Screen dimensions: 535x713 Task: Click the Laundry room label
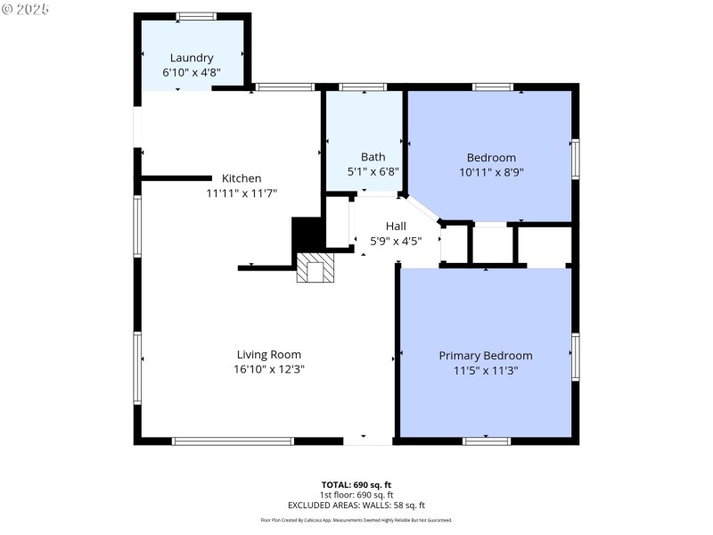[x=192, y=58]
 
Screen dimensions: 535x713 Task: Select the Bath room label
[x=373, y=157]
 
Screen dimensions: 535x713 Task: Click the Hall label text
[x=396, y=226]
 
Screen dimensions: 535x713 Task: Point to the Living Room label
[x=268, y=355]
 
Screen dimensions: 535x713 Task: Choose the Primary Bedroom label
[x=485, y=355]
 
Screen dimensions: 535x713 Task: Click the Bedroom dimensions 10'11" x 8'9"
[x=491, y=172]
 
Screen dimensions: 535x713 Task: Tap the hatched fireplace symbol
[x=315, y=267]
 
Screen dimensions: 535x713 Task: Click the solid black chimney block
[x=307, y=236]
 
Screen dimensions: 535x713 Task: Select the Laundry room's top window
[x=196, y=16]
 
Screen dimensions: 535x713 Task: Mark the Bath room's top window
[x=363, y=86]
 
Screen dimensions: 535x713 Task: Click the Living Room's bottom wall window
[x=233, y=440]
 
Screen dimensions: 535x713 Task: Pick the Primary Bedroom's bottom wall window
[x=487, y=440]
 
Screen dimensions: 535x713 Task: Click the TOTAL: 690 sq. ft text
[x=356, y=484]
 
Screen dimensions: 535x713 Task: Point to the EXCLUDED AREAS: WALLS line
[x=356, y=505]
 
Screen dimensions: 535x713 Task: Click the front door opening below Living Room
[x=367, y=440]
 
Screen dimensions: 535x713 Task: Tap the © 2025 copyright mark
[x=26, y=8]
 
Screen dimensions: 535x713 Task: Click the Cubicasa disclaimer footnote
[x=356, y=520]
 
